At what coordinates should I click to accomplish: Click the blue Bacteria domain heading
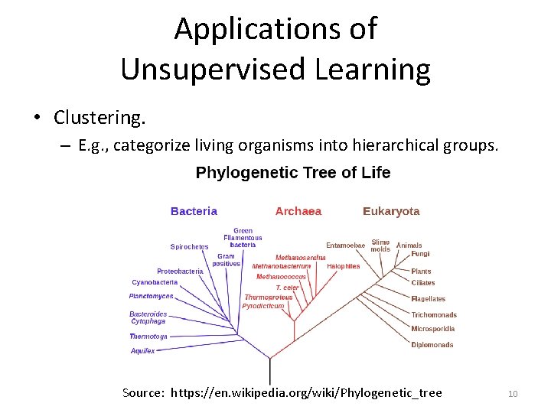194,211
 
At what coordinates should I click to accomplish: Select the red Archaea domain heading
298,211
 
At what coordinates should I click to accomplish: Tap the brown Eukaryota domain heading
391,211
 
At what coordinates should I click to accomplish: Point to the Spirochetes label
189,246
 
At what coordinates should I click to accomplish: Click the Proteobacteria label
180,271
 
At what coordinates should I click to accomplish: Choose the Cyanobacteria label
155,282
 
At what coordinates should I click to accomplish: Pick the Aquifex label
142,351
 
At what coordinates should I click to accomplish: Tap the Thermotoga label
148,337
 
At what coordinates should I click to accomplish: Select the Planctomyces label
152,296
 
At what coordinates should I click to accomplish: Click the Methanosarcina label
301,258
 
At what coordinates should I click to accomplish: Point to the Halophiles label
344,266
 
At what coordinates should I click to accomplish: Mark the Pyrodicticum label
263,306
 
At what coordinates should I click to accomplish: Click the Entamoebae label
346,246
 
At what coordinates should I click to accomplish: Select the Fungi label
420,254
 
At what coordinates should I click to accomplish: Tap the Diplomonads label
432,345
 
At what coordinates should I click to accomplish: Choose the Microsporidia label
433,329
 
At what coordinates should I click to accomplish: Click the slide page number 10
513,394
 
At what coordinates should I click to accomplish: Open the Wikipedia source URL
306,393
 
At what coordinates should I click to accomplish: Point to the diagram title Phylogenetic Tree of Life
293,173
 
